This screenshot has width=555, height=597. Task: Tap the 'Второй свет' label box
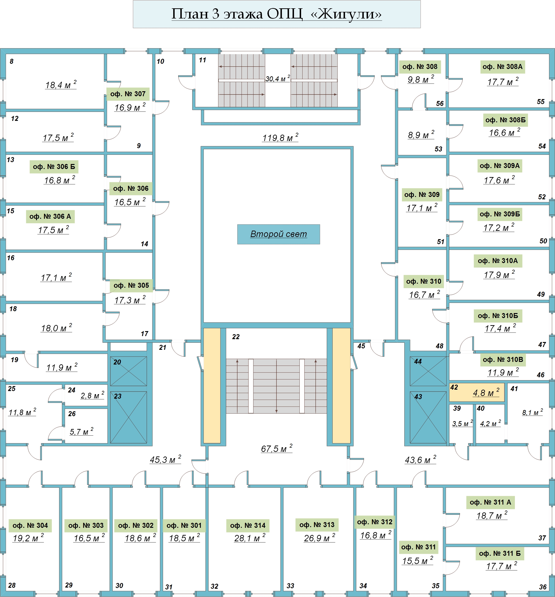point(278,234)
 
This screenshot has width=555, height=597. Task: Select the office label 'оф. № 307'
point(128,94)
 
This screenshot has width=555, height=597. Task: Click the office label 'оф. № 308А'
point(503,67)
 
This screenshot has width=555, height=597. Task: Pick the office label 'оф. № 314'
point(248,525)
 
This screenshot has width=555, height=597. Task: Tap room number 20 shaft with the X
point(129,371)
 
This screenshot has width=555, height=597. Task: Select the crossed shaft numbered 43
point(428,417)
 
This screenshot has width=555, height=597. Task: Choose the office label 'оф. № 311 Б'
point(500,553)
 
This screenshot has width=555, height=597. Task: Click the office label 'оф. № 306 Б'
point(54,167)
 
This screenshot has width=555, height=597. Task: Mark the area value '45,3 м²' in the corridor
point(165,460)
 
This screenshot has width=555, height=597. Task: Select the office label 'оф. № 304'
point(30,525)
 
